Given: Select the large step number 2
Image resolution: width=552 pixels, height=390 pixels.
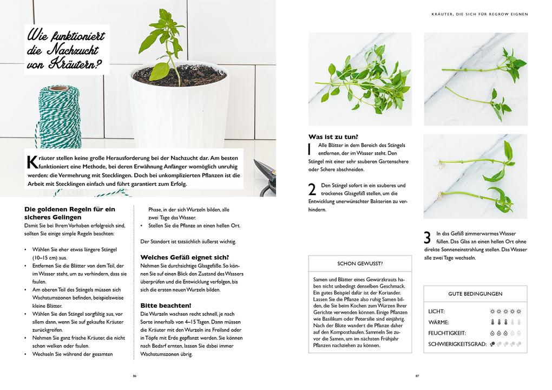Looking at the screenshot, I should tap(312, 190).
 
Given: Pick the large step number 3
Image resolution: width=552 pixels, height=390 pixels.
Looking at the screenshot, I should tap(427, 238).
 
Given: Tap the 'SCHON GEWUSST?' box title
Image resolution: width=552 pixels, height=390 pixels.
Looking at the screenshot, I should tap(360, 264).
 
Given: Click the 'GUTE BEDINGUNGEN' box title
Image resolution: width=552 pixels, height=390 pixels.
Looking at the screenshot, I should tap(475, 294).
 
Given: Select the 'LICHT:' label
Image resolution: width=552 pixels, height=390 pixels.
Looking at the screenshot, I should tap(436, 312).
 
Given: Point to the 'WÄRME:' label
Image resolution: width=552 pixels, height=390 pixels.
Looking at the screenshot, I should tap(438, 322).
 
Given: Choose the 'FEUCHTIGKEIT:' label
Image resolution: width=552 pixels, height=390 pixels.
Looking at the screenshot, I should tap(447, 333).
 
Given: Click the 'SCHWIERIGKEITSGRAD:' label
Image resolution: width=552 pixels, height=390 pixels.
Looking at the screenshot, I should tap(457, 344).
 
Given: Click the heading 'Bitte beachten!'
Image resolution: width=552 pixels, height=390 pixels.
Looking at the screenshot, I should tap(166, 305).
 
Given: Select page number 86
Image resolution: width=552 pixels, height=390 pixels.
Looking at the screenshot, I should tap(134, 376).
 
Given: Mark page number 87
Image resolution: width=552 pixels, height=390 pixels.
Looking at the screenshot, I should tap(417, 376).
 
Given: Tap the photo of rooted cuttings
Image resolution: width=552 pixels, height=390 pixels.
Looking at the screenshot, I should tap(475, 177).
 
